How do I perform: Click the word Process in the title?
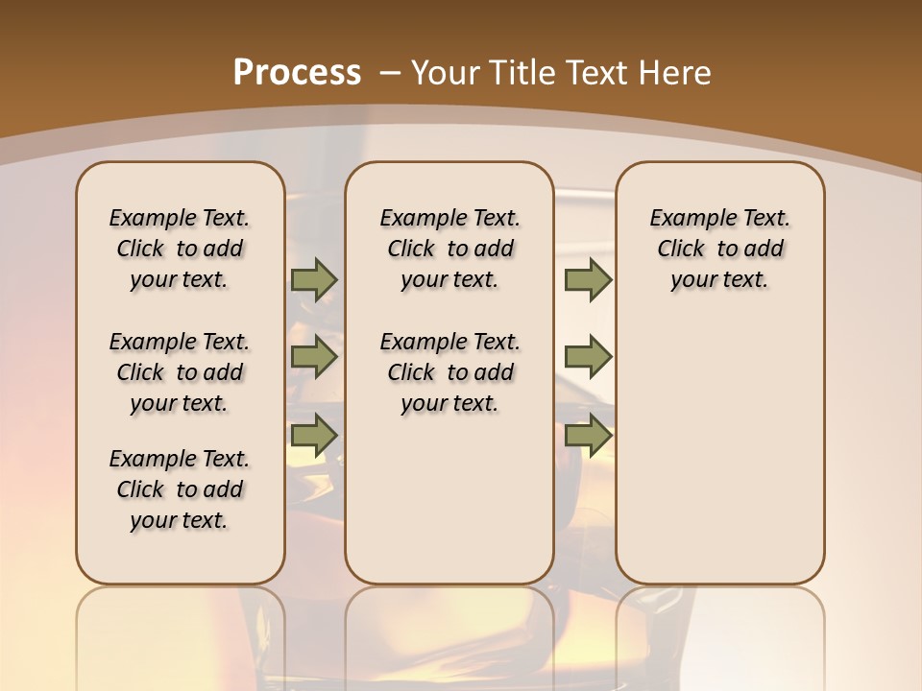[x=297, y=73]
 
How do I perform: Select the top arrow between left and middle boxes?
[x=314, y=280]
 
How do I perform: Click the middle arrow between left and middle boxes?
[x=314, y=358]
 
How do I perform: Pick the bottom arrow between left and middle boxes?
[x=314, y=436]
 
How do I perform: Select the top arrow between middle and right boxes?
[x=588, y=280]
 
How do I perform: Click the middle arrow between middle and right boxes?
[x=588, y=358]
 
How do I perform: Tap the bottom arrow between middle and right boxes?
[x=588, y=436]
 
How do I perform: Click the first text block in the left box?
[x=180, y=249]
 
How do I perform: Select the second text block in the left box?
[x=180, y=372]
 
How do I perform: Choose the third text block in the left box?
[x=180, y=489]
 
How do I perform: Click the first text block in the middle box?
[x=449, y=249]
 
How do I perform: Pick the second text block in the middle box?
[x=449, y=372]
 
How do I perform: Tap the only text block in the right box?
[x=719, y=249]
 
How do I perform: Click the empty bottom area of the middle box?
[x=449, y=509]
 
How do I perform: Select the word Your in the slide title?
[x=447, y=73]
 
